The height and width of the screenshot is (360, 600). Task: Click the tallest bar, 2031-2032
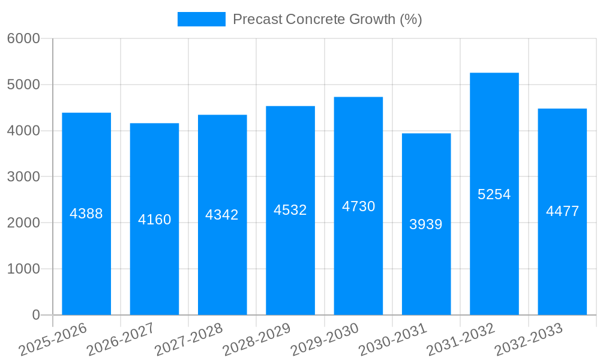pos(494,252)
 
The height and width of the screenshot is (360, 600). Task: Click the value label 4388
pos(86,214)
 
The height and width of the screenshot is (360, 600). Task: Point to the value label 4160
pos(155,220)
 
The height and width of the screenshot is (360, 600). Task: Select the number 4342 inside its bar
pos(222,215)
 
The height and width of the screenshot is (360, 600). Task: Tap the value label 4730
pos(359,206)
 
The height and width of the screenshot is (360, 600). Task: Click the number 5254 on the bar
pos(494,194)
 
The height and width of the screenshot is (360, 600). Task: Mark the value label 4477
pos(563,211)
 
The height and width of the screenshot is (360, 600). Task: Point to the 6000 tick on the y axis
pos(23,38)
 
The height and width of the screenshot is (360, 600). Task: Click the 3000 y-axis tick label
pos(23,177)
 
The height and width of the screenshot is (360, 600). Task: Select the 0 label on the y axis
pos(35,315)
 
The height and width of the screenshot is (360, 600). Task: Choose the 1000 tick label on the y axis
pos(23,269)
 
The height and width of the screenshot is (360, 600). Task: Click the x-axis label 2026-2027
pos(121,340)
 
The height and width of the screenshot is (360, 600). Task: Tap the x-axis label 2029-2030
pos(325,340)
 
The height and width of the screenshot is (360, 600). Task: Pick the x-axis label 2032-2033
pos(529,340)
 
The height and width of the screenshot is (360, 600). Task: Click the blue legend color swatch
pos(202,19)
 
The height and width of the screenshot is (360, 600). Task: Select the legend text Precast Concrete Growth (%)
pos(327,19)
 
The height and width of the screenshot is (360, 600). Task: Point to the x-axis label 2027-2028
pos(188,340)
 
